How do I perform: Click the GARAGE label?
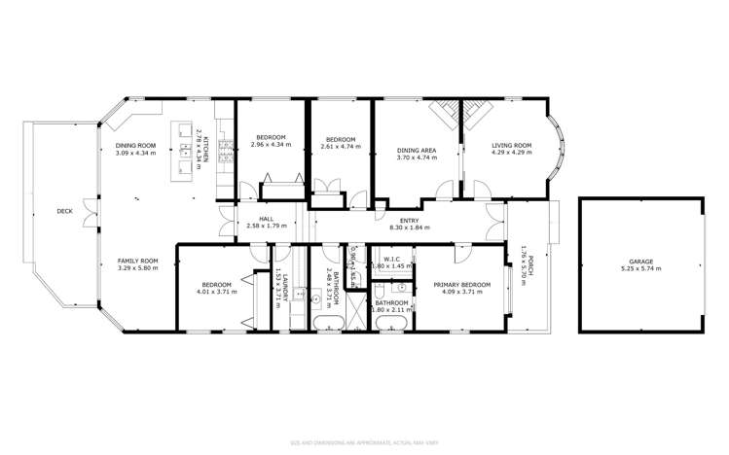(639, 262)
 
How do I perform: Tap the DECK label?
(64, 211)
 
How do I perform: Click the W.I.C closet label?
(392, 259)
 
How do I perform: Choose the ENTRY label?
(409, 221)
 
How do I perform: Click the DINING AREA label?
(416, 151)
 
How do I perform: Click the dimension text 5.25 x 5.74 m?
(639, 268)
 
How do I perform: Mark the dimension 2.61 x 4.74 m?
(342, 146)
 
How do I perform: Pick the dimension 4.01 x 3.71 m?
(217, 291)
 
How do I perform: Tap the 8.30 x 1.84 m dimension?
(409, 227)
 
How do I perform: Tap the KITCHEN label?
(204, 147)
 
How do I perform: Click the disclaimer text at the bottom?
(364, 443)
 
